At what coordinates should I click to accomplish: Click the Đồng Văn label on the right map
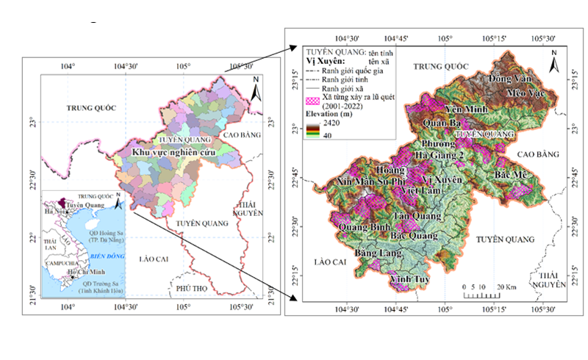(x=511, y=78)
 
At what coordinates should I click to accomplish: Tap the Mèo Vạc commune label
(x=525, y=92)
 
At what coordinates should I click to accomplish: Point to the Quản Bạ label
(x=443, y=123)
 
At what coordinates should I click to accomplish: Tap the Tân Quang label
(x=417, y=216)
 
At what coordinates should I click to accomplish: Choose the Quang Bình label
(x=363, y=227)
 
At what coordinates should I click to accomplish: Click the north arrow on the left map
(x=254, y=88)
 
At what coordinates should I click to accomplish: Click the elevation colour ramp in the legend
(x=312, y=130)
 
